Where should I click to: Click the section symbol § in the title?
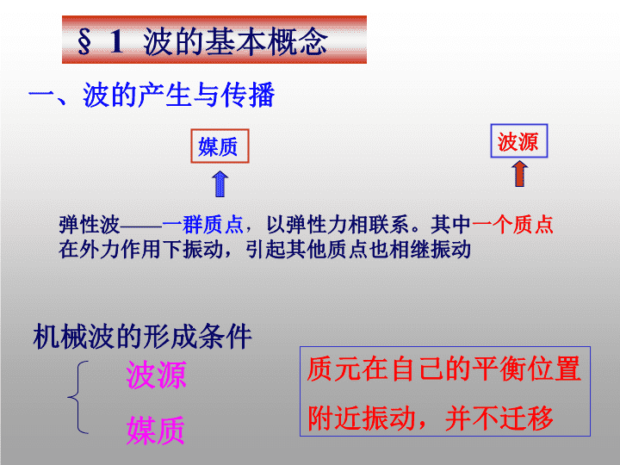tap(84, 41)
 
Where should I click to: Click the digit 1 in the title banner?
tap(116, 41)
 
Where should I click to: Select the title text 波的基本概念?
tap(235, 41)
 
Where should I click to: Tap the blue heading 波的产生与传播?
tap(179, 95)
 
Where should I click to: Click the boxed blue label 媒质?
tap(220, 146)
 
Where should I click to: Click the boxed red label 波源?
tap(518, 141)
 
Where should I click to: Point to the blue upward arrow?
tap(220, 184)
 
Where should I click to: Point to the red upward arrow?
tap(519, 174)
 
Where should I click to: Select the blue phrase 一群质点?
tap(202, 225)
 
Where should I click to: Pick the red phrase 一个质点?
tap(512, 225)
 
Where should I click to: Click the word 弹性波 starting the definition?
tap(90, 225)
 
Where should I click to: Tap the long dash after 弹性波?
tap(140, 226)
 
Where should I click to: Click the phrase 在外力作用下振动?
tap(141, 250)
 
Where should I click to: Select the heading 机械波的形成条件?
tap(142, 336)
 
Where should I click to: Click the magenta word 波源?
tap(156, 375)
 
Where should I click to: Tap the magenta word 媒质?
tap(155, 431)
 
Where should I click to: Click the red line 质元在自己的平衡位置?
tap(443, 369)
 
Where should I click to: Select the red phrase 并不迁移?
tap(499, 418)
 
